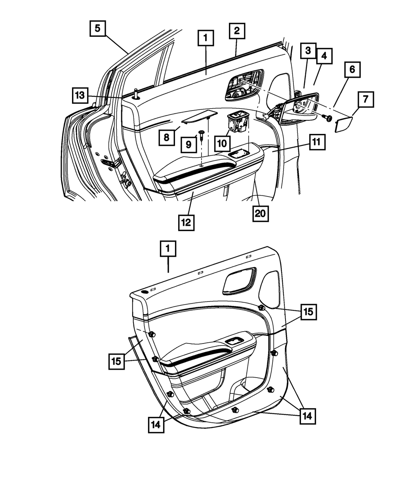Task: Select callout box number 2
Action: coord(237,31)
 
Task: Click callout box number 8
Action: coord(167,137)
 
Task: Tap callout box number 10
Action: coord(222,143)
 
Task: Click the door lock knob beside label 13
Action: coord(136,94)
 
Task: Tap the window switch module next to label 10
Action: coord(238,122)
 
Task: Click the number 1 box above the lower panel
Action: coord(168,250)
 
